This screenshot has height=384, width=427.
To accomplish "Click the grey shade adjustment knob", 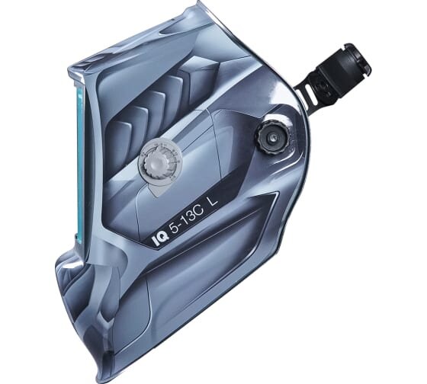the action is [x=153, y=164].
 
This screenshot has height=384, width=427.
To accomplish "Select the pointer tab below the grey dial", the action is [x=157, y=189].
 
